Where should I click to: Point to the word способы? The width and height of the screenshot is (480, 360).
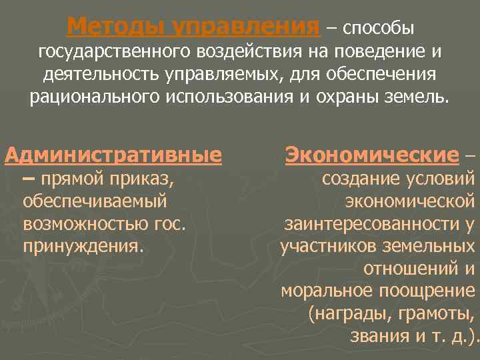[x=379, y=28]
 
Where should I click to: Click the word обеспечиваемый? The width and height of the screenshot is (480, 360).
[x=95, y=201]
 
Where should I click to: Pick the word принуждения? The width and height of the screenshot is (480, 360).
[x=83, y=247]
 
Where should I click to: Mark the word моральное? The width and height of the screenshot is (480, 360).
[x=326, y=291]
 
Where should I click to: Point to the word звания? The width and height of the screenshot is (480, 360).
[x=379, y=336]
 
